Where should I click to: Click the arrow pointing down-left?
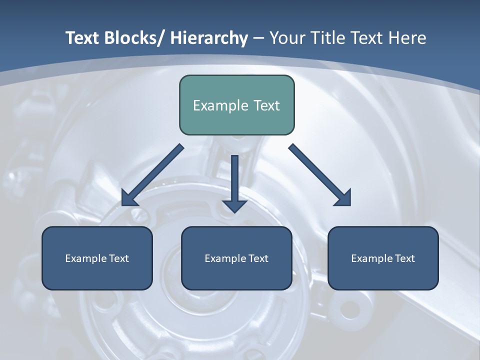pyautogui.click(x=152, y=175)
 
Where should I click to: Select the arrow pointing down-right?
pyautogui.click(x=320, y=175)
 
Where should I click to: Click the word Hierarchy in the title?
pyautogui.click(x=209, y=38)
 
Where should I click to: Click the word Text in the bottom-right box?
pyautogui.click(x=405, y=258)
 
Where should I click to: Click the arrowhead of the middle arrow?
pyautogui.click(x=234, y=205)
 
